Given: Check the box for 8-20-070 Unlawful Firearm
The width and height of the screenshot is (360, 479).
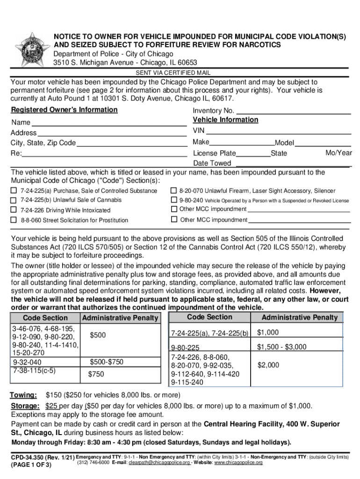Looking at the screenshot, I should [174, 191].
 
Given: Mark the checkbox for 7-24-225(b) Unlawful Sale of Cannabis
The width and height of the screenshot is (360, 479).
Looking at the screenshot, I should [14, 200].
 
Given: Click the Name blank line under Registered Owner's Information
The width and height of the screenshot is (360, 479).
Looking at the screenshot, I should [109, 123].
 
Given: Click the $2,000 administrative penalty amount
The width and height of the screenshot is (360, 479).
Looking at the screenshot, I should [268, 365].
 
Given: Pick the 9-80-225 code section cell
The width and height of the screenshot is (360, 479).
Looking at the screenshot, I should [185, 348].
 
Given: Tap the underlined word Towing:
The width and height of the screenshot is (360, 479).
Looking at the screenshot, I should [24, 395].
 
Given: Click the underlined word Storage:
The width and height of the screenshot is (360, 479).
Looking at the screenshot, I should [25, 406].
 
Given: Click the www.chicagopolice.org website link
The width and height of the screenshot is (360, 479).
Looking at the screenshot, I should [238, 463].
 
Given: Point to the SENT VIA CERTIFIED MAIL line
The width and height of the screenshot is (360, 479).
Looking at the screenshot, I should [173, 73].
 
